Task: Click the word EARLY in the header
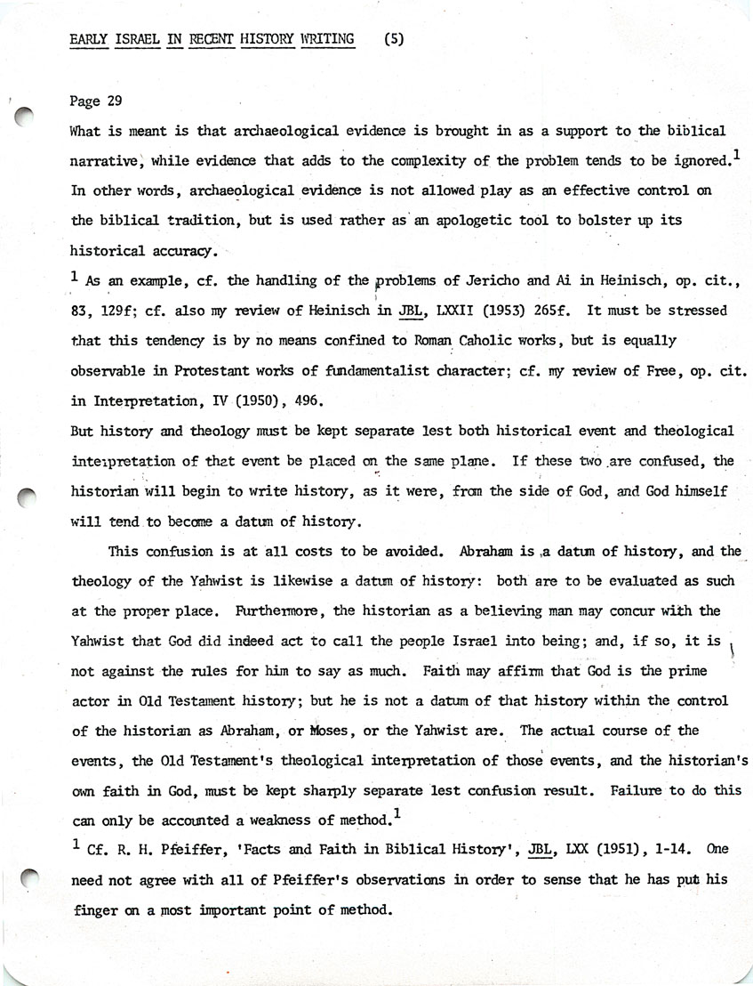click(89, 39)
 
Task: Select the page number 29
click(112, 101)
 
